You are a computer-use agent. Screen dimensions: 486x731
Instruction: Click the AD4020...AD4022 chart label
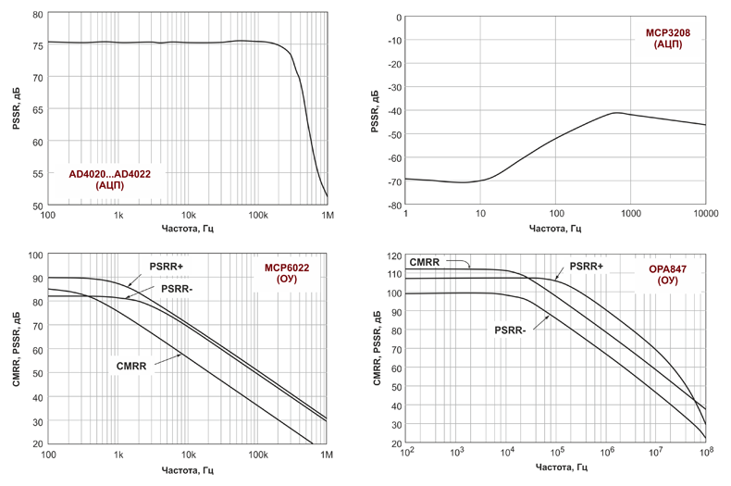pyautogui.click(x=109, y=179)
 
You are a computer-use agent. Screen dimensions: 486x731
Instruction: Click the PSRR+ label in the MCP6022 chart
pyautogui.click(x=170, y=267)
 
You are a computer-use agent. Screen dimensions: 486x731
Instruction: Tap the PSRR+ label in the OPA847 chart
pyautogui.click(x=587, y=267)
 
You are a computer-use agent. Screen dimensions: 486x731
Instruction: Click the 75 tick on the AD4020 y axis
pyautogui.click(x=36, y=45)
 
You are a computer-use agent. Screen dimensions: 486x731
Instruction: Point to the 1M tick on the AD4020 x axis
pyautogui.click(x=327, y=216)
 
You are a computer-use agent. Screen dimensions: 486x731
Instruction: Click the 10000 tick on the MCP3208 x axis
pyautogui.click(x=704, y=215)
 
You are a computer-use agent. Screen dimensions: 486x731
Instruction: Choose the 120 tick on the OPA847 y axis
pyautogui.click(x=392, y=255)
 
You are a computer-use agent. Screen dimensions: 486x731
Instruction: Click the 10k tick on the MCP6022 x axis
pyautogui.click(x=188, y=455)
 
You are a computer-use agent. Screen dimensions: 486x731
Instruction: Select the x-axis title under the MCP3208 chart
pyautogui.click(x=555, y=229)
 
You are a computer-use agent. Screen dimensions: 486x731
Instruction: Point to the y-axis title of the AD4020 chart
pyautogui.click(x=16, y=110)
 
